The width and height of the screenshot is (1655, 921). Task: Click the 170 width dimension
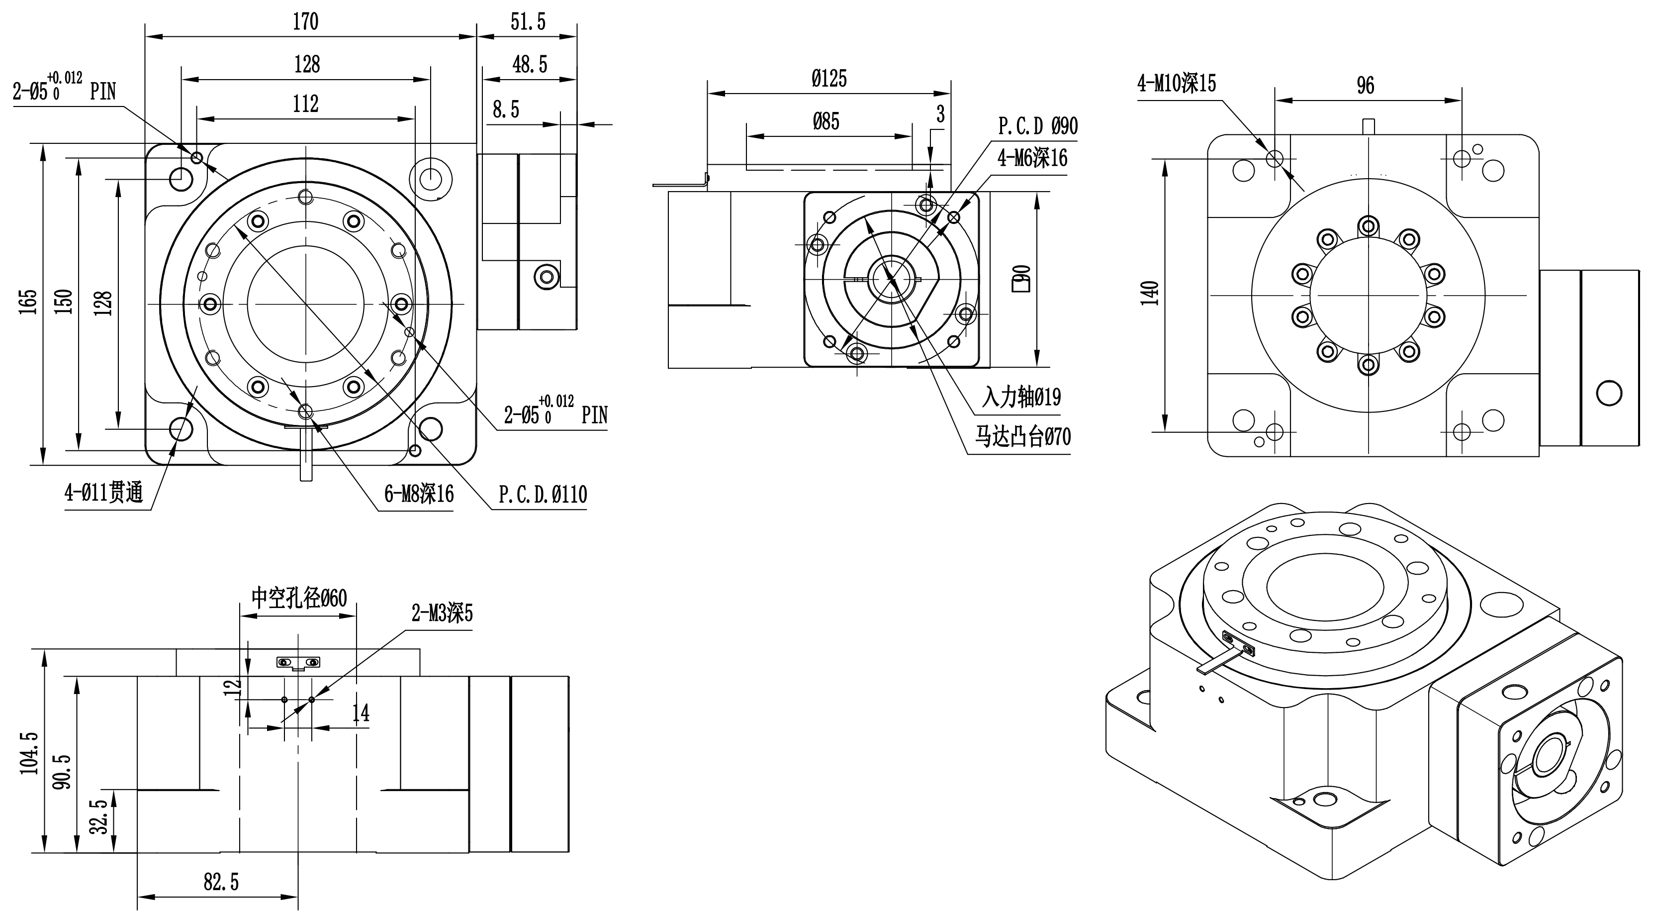(x=306, y=22)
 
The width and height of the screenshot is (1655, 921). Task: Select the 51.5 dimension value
(x=528, y=22)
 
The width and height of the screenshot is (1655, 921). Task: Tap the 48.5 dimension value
(x=530, y=64)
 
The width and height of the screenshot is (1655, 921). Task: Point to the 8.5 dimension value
(x=506, y=109)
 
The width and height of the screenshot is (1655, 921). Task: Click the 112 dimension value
(x=306, y=103)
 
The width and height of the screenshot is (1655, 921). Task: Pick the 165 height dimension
(x=28, y=302)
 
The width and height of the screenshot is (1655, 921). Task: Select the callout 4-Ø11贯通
(x=103, y=493)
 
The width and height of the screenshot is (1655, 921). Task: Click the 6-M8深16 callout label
(x=419, y=494)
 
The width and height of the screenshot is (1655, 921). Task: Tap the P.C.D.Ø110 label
(x=543, y=494)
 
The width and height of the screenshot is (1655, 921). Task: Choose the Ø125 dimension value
(x=829, y=79)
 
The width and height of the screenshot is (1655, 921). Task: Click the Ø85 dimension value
(x=826, y=121)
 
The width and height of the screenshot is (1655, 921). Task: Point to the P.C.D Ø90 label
(x=1037, y=126)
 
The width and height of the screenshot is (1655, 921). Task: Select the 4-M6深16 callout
(x=1032, y=157)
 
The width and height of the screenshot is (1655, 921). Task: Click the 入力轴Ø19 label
(x=1021, y=397)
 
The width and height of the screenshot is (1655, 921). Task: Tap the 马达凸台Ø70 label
(x=1023, y=437)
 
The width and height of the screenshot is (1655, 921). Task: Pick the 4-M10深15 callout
(x=1177, y=84)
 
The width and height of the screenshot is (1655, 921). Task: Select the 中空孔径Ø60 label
(x=299, y=598)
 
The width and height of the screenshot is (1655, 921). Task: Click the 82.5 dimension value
(x=221, y=882)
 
